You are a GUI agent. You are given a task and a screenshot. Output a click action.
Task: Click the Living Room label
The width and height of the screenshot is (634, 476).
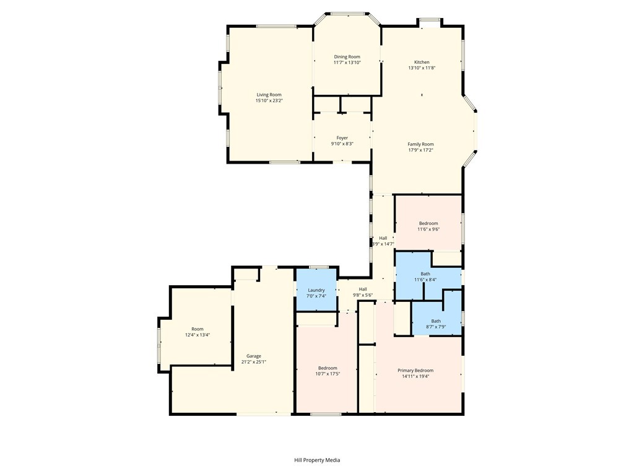click(269, 95)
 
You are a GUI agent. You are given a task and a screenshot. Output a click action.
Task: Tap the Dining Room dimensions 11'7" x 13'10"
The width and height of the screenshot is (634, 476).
click(347, 63)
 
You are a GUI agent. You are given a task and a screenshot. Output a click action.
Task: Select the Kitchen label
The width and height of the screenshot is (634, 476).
click(422, 62)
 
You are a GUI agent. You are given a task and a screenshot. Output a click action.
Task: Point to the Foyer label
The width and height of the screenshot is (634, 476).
click(342, 138)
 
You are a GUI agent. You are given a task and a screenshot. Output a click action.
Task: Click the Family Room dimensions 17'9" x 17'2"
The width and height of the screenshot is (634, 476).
click(420, 150)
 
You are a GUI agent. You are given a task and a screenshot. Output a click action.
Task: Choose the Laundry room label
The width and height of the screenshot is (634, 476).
click(316, 290)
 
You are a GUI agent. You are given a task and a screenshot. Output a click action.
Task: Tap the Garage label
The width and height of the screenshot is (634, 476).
click(253, 356)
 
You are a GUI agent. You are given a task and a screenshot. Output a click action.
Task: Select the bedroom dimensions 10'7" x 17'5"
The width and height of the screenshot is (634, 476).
click(328, 374)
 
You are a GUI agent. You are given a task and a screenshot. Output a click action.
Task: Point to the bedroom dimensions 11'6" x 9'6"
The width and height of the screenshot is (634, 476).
click(428, 229)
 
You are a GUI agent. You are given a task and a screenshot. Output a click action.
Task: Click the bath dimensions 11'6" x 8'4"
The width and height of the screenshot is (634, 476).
click(425, 280)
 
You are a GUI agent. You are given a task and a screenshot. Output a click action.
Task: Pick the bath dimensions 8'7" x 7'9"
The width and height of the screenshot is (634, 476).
click(436, 327)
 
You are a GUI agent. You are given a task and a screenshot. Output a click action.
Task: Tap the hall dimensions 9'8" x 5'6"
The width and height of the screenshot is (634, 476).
click(363, 295)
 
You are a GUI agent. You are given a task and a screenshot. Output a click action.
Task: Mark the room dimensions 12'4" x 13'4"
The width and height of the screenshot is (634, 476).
click(197, 335)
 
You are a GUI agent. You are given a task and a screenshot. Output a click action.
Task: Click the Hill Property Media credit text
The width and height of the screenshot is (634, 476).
click(317, 460)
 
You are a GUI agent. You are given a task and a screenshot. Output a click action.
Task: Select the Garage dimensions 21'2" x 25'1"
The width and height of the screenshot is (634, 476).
click(253, 362)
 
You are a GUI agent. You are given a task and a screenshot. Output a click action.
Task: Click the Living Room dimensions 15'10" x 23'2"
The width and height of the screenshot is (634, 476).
click(269, 100)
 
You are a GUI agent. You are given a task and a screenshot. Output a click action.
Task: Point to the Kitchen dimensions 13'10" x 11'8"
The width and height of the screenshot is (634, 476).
click(422, 68)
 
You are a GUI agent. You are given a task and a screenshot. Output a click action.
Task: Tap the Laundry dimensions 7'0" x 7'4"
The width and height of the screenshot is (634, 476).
click(316, 296)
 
